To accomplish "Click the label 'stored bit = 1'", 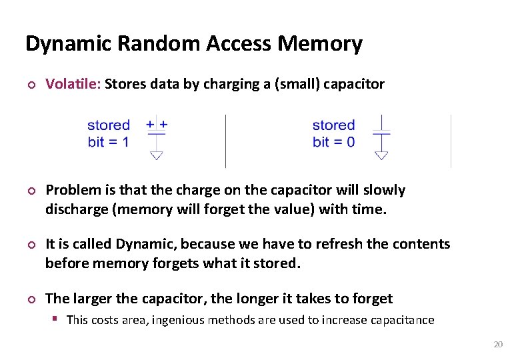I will [108, 133].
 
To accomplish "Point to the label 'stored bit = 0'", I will [333, 133].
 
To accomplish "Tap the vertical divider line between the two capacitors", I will [225, 141].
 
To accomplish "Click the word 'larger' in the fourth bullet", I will [91, 299].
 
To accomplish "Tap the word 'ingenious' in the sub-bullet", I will [178, 320].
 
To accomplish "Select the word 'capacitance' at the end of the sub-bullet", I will [401, 320].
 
